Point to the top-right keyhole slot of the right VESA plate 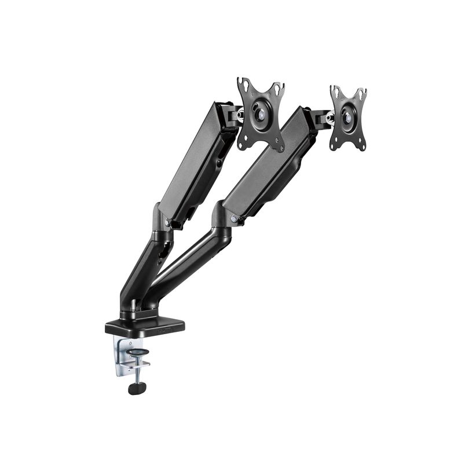pos(361,93)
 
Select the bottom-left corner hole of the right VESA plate pos(334,145)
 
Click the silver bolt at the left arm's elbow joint pos(169,222)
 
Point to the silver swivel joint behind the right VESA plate pos(330,118)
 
